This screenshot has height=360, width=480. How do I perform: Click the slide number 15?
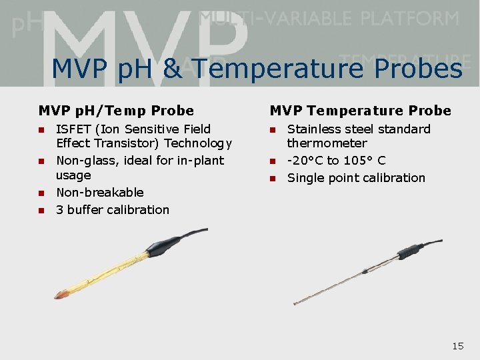coord(457,345)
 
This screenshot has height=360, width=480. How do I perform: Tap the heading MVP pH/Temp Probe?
coord(116,111)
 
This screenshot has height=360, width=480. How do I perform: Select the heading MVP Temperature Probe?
coord(360,111)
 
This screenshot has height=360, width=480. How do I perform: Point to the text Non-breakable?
coord(100,193)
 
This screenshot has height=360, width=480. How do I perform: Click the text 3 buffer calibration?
coord(113,210)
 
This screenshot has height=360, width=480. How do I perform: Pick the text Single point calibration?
coord(356,178)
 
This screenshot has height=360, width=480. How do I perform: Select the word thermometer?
coord(327,143)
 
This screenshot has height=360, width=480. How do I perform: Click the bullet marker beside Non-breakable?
coord(41,193)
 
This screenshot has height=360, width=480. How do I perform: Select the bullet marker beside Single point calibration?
coord(273,179)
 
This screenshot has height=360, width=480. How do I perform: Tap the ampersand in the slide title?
coord(172,69)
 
